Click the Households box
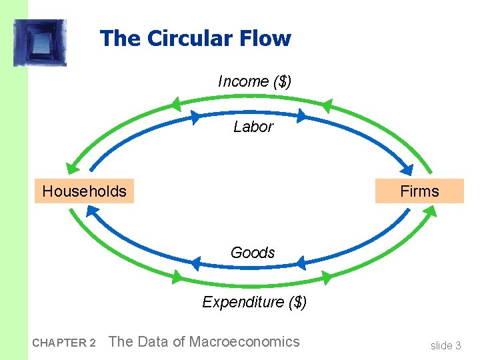coord(84,191)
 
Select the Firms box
coord(419,191)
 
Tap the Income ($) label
coord(254,81)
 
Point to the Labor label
coord(253,127)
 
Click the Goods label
coord(253,253)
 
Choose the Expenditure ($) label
coord(254,302)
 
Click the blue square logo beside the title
coord(40,43)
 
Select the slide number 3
coord(457,345)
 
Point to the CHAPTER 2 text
coord(64,343)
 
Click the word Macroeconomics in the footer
coord(245,342)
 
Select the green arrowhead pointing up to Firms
coord(430,212)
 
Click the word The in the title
coord(121,38)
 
